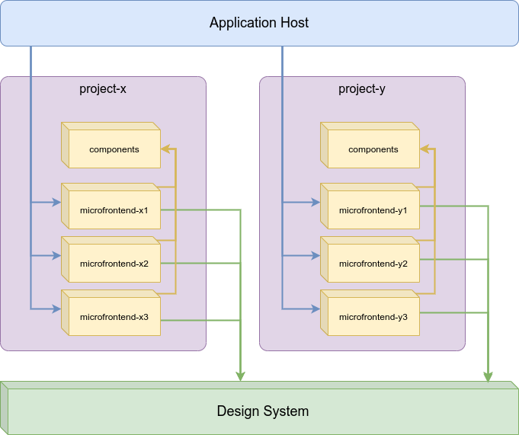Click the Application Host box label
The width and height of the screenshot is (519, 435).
coord(259,23)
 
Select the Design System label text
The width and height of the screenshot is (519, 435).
coord(263,411)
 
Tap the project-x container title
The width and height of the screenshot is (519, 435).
coord(103,89)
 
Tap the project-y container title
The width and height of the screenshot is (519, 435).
coord(362,89)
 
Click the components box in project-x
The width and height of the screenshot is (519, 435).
coord(114,149)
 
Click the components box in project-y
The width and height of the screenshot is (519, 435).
coord(373,149)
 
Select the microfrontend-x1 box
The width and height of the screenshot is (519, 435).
coord(114,210)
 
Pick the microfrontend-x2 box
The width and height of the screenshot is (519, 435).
coord(114,264)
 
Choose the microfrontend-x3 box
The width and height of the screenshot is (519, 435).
coord(114,317)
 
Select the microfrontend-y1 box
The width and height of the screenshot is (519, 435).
coord(373,210)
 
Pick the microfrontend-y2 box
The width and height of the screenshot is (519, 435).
coord(373,264)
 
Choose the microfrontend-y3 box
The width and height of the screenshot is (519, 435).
coord(373,317)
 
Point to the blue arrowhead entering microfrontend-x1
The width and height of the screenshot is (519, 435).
coord(56,203)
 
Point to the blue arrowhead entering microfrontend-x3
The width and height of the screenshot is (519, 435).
coord(56,309)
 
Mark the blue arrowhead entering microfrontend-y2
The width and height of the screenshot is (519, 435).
coord(316,256)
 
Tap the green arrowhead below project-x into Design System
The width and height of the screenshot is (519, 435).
coord(241,376)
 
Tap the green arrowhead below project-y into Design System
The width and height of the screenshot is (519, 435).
coord(488,376)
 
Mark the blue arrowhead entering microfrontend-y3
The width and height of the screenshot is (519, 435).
coord(316,309)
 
